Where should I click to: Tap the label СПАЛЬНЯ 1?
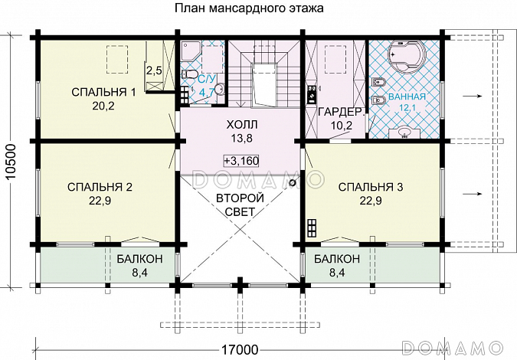coord(103,93)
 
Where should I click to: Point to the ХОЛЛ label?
coord(241,124)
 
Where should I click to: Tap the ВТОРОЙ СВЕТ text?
coord(241,205)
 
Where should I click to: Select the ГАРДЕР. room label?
coord(334,112)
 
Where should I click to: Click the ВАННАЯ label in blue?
coord(407,98)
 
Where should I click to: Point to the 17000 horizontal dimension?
coord(240,351)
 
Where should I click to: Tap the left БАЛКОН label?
coord(139,258)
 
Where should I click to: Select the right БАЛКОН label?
coord(337,258)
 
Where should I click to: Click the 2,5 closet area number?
coord(153,71)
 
